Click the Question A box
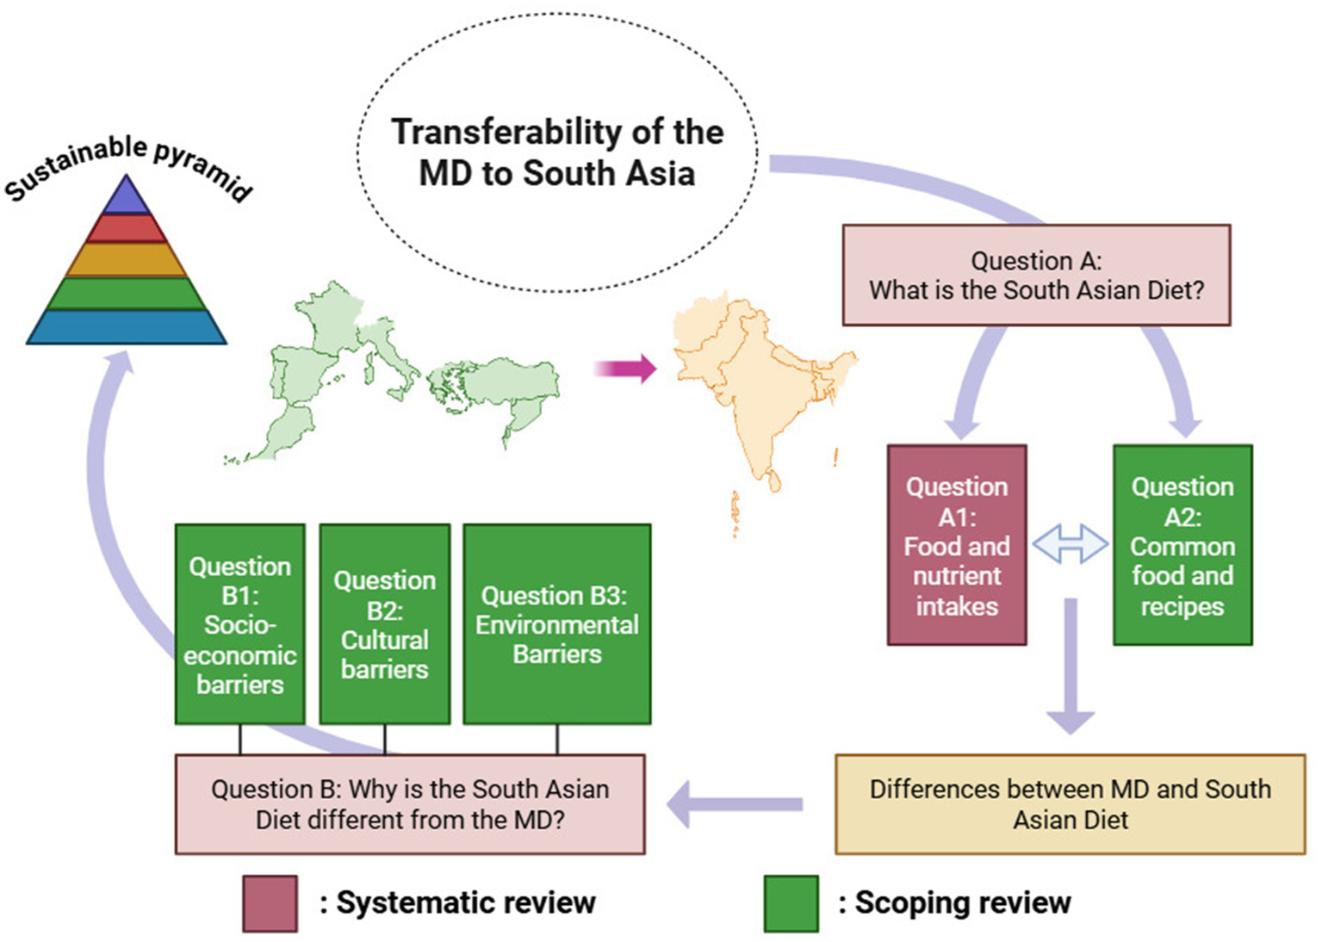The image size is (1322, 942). pyautogui.click(x=1035, y=275)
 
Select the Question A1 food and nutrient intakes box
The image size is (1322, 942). pyautogui.click(x=956, y=544)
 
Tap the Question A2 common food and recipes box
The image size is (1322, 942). pyautogui.click(x=1182, y=544)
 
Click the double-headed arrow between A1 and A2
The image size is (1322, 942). pyautogui.click(x=1070, y=544)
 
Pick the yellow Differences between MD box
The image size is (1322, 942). pyautogui.click(x=1070, y=803)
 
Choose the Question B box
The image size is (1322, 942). pyautogui.click(x=410, y=803)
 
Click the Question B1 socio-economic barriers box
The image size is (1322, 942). pyautogui.click(x=239, y=624)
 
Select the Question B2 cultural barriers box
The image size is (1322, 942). pyautogui.click(x=384, y=624)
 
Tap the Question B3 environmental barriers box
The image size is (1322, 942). pyautogui.click(x=556, y=624)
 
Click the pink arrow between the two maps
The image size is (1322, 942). pyautogui.click(x=626, y=369)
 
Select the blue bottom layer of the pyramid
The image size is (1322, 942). pyautogui.click(x=127, y=327)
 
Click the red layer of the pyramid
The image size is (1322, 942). pyautogui.click(x=127, y=229)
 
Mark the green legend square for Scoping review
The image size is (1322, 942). pyautogui.click(x=791, y=903)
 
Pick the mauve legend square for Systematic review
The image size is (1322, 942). pyautogui.click(x=270, y=903)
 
